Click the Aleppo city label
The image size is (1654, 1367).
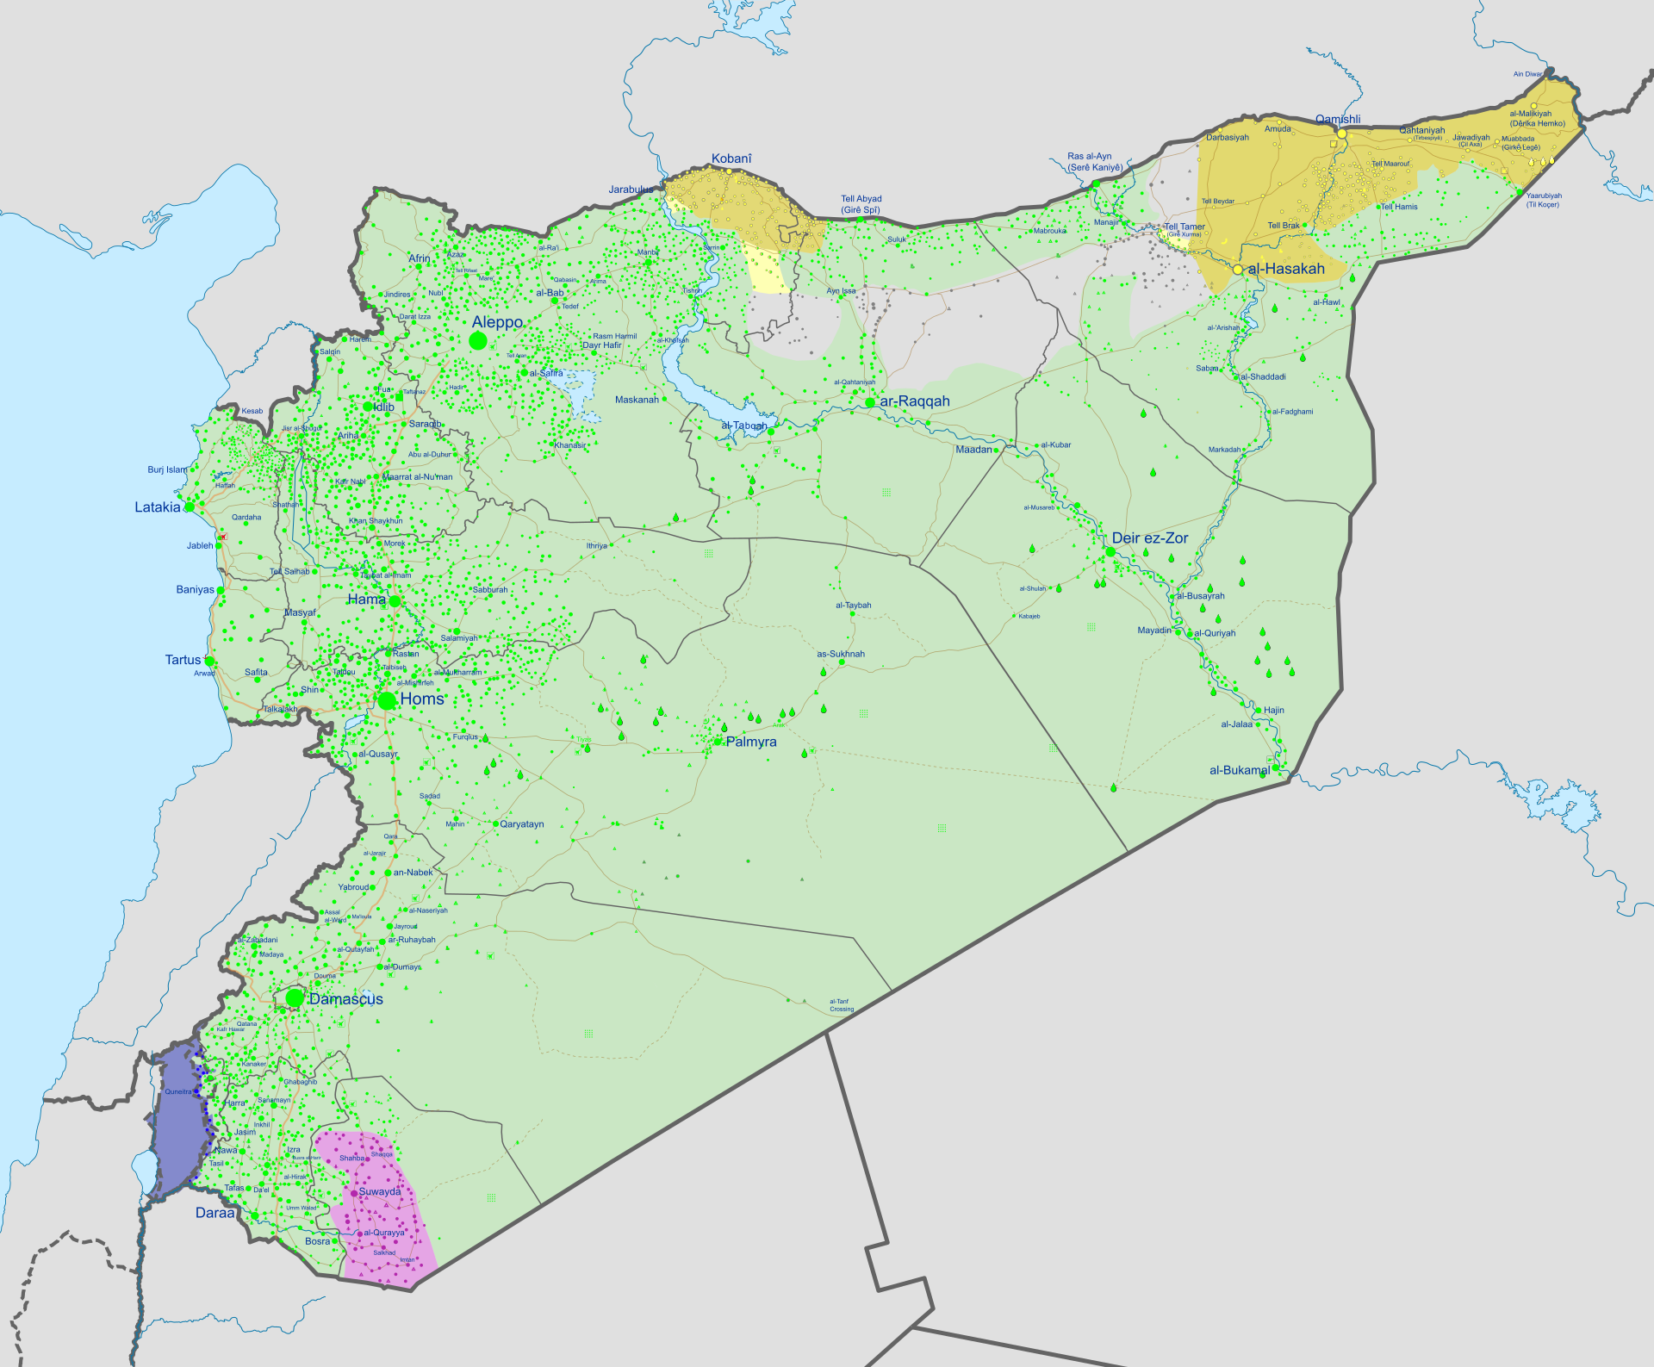tap(497, 322)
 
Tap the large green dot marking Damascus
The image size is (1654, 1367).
tap(295, 997)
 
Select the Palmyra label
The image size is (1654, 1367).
tap(750, 742)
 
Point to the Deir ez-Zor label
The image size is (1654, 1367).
tap(1149, 538)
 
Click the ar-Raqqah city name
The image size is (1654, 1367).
tap(914, 401)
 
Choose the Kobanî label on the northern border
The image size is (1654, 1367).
tap(731, 158)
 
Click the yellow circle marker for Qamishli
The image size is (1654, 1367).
tap(1341, 134)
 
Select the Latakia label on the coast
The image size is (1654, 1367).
tap(158, 507)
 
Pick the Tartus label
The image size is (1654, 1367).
tap(183, 660)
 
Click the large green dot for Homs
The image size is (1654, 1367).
tap(387, 700)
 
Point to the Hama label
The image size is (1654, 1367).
tap(366, 600)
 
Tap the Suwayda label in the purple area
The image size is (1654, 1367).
tap(380, 1192)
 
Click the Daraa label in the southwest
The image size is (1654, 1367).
tap(215, 1213)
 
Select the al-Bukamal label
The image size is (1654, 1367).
tap(1239, 770)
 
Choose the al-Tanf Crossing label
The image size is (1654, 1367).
tap(841, 1005)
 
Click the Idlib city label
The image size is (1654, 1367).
tap(383, 407)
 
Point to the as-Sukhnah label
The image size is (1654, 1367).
tap(841, 654)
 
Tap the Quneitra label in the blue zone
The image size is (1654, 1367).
tap(178, 1091)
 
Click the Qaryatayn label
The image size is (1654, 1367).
tap(522, 824)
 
